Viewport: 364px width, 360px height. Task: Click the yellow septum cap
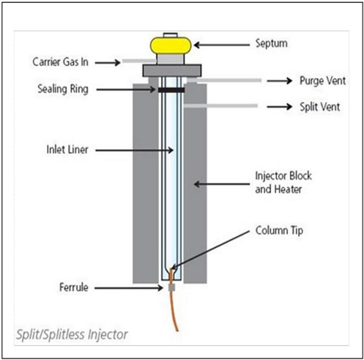[171, 45]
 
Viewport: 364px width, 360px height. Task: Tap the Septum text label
[271, 43]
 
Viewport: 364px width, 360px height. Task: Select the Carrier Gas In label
[60, 62]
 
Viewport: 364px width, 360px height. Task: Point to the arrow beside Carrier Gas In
[108, 63]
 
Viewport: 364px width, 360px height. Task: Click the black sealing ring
[171, 90]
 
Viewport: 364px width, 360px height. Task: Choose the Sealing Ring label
[63, 89]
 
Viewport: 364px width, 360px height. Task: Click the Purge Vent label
[322, 81]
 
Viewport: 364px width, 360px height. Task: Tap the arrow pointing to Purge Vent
[280, 81]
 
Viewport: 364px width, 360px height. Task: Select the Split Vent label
[320, 107]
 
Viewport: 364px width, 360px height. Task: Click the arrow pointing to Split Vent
[280, 107]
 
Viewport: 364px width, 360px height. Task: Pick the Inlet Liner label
[67, 150]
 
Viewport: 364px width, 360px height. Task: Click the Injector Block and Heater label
[283, 183]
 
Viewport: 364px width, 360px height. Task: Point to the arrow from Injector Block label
[222, 184]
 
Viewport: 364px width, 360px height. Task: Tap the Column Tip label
[279, 230]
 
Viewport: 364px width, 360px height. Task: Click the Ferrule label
[74, 287]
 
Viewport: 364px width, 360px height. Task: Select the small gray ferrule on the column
[172, 288]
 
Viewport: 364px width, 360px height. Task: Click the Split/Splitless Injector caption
[72, 334]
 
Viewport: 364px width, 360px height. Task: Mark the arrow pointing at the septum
[222, 45]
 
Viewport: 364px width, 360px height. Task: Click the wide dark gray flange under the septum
[172, 70]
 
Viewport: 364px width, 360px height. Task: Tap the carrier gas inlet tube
[139, 61]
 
